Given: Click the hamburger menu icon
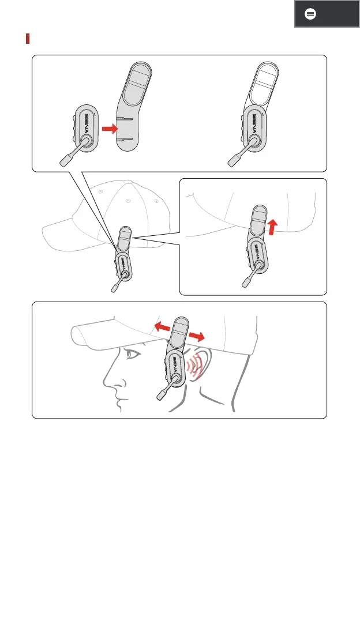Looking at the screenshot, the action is point(310,14).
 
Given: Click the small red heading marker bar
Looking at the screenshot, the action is point(28,39).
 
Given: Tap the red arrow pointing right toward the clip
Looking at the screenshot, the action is point(110,129).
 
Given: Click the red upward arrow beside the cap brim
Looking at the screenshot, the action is point(272,228).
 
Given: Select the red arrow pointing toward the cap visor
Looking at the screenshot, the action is point(162,326).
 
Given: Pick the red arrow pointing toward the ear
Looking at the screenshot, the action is point(197,337).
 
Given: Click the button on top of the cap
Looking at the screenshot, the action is point(127,182).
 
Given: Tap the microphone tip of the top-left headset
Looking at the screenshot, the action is point(65,160).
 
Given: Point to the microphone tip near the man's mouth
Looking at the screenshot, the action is point(163,394).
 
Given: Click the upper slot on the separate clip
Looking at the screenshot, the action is point(126,118).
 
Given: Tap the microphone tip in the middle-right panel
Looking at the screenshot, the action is point(247,283).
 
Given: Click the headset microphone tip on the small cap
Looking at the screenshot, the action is point(115,288).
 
